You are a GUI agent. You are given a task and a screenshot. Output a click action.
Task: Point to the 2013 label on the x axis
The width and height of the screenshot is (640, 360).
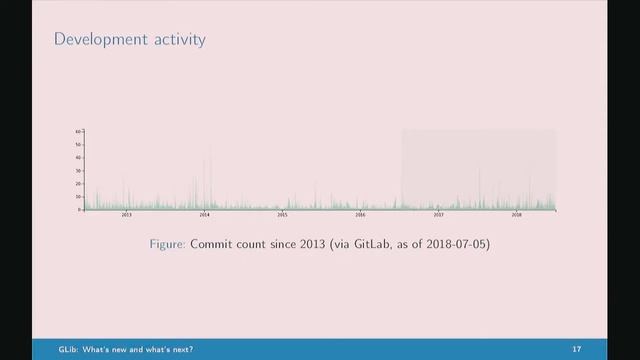[x=126, y=215]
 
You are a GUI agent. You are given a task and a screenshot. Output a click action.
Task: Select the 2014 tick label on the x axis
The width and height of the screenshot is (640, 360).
[x=204, y=215]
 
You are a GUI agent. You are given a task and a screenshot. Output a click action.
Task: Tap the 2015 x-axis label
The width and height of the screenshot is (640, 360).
[x=282, y=215]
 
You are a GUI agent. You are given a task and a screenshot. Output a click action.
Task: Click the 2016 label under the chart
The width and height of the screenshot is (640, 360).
[x=360, y=215]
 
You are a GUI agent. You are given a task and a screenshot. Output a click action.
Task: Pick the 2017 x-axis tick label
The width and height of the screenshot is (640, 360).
[x=438, y=215]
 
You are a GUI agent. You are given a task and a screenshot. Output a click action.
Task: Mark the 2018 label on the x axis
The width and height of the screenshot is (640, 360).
[x=516, y=215]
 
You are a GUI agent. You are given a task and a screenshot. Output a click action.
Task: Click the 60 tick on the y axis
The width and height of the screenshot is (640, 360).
[x=78, y=132]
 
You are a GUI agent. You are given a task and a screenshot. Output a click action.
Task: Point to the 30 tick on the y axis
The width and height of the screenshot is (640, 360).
[x=78, y=171]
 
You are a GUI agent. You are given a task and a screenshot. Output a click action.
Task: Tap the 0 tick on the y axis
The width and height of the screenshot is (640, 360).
[x=79, y=210]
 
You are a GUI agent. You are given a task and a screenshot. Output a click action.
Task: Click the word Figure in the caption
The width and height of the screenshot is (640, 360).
[x=165, y=244]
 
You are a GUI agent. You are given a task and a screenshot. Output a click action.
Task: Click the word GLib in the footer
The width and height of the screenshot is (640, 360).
[x=45, y=350]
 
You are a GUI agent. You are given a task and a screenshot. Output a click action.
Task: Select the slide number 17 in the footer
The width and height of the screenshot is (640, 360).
[x=577, y=350]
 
